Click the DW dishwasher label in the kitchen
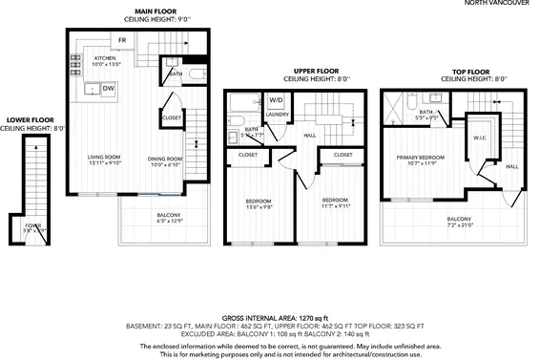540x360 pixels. (109, 88)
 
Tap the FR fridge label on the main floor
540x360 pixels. (123, 40)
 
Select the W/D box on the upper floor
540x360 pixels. (276, 99)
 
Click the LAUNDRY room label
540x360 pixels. (277, 115)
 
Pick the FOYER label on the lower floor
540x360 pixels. (33, 225)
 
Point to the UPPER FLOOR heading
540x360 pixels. (316, 71)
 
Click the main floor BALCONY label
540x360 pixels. (168, 215)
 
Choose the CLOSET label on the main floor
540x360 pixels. (172, 117)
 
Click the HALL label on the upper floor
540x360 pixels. (309, 136)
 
